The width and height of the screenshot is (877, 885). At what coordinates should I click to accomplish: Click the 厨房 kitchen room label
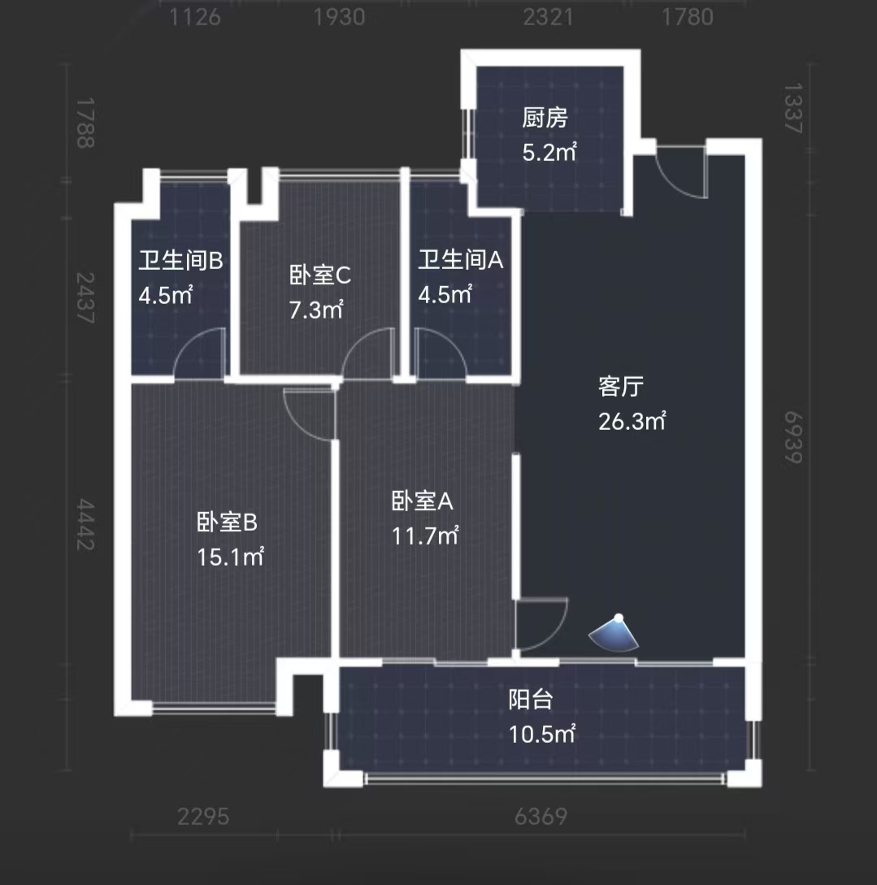click(545, 119)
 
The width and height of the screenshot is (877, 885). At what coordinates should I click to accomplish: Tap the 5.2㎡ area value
click(549, 152)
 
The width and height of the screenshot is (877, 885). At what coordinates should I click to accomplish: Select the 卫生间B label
click(180, 261)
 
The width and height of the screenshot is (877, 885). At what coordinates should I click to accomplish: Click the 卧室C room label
click(320, 275)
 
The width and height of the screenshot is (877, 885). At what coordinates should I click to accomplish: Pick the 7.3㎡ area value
click(316, 310)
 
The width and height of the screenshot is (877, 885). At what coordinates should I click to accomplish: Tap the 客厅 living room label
click(622, 387)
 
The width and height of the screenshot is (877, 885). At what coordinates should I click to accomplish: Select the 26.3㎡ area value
click(632, 421)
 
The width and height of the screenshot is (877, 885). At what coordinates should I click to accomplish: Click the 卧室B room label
click(227, 522)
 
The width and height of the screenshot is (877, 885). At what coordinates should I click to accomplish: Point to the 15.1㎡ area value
click(230, 557)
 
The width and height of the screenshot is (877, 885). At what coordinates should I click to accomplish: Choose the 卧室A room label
click(423, 501)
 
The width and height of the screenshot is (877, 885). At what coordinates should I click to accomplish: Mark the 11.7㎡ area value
click(425, 536)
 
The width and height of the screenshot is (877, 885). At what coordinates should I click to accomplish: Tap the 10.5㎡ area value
click(542, 734)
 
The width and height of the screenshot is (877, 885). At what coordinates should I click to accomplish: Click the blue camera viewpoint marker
click(614, 635)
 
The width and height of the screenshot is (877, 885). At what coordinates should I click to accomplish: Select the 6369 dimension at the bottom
click(541, 816)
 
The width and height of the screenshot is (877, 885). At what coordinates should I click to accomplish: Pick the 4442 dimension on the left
click(86, 524)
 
